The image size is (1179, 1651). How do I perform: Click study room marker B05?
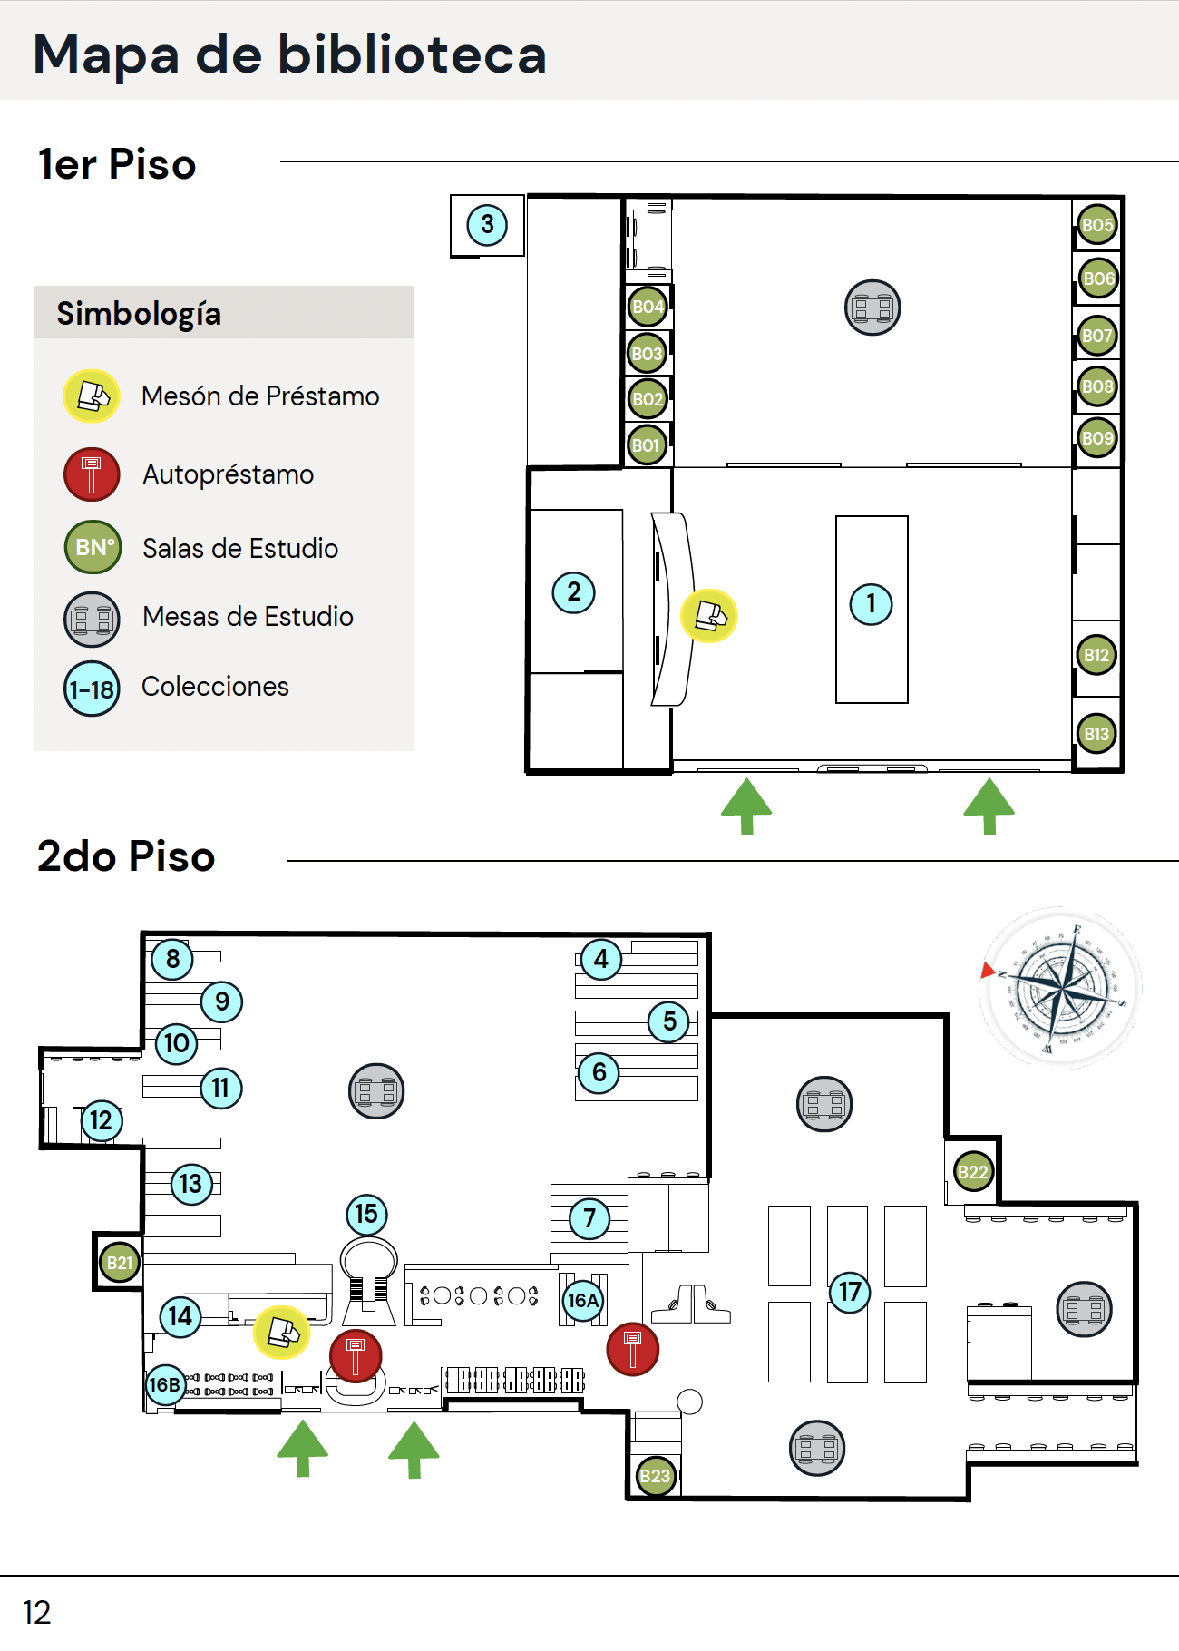click(x=1096, y=225)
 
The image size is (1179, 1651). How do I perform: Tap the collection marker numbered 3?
click(x=487, y=224)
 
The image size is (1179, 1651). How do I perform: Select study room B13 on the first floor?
click(x=1096, y=734)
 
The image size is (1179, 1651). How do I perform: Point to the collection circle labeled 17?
click(x=850, y=1291)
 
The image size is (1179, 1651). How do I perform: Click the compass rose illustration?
click(x=1059, y=987)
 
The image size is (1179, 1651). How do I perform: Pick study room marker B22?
click(x=973, y=1172)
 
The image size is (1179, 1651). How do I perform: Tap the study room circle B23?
click(x=655, y=1476)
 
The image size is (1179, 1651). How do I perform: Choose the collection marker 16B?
click(x=164, y=1385)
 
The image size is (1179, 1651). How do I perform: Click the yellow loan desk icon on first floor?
click(x=709, y=616)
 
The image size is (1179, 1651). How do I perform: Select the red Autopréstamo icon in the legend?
click(x=92, y=474)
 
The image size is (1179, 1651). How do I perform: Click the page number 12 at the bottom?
click(x=37, y=1612)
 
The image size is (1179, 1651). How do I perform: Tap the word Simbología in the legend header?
click(x=139, y=314)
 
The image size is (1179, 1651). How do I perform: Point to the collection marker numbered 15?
click(x=366, y=1214)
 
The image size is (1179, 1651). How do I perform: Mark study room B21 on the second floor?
click(x=120, y=1263)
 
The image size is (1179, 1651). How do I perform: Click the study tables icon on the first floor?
click(x=872, y=308)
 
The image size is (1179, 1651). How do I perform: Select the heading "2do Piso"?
click(x=126, y=856)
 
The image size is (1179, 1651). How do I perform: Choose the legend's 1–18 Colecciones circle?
click(x=92, y=689)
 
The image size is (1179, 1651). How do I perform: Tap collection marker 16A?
click(x=582, y=1300)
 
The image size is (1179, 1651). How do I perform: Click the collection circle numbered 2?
click(x=574, y=592)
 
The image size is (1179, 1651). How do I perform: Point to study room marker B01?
click(x=647, y=445)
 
